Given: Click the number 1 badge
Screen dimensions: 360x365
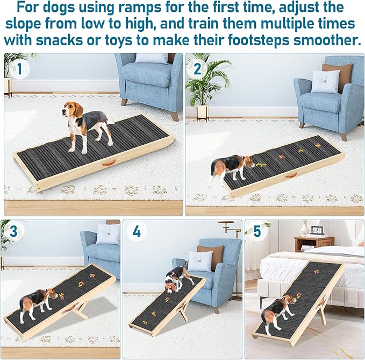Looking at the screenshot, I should pyautogui.click(x=20, y=68).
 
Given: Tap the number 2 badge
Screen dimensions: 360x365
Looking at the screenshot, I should pyautogui.click(x=197, y=68).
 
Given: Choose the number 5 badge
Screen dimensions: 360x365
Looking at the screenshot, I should pyautogui.click(x=257, y=231).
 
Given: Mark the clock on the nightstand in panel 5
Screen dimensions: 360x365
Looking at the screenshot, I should pyautogui.click(x=317, y=230).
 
